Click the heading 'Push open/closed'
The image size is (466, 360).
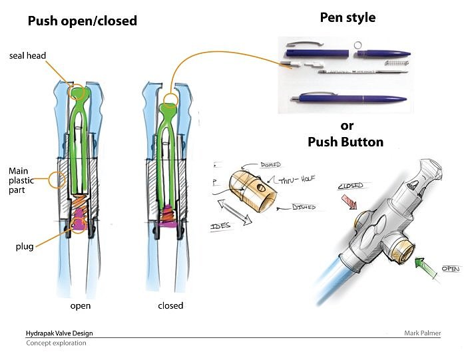pyautogui.click(x=82, y=21)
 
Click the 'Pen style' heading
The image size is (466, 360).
pyautogui.click(x=348, y=17)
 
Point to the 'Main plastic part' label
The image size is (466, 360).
pyautogui.click(x=23, y=180)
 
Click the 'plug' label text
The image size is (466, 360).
pyautogui.click(x=25, y=246)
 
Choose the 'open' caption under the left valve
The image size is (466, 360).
pyautogui.click(x=81, y=306)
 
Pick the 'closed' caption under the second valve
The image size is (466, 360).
pyautogui.click(x=170, y=306)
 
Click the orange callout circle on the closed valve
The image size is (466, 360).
pyautogui.click(x=170, y=102)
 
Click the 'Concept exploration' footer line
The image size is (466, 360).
pyautogui.click(x=56, y=343)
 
